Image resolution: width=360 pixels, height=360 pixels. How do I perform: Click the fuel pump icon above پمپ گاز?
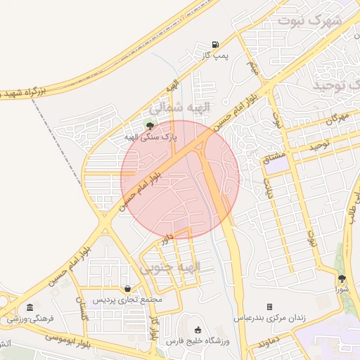pyautogui.click(x=214, y=44)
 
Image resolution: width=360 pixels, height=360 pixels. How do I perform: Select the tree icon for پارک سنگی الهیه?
pyautogui.click(x=149, y=125)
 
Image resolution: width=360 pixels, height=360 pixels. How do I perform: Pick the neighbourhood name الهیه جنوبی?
pyautogui.click(x=170, y=268)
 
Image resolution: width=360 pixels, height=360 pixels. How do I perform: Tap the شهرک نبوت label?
pyautogui.click(x=309, y=19)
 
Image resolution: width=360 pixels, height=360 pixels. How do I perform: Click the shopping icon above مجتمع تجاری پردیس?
pyautogui.click(x=127, y=288)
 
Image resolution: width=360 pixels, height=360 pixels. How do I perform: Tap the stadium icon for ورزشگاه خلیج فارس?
pyautogui.click(x=198, y=330)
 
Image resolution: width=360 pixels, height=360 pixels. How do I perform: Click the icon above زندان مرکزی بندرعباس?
pyautogui.click(x=269, y=307)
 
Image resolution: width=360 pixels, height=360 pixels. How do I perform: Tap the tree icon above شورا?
pyautogui.click(x=342, y=279)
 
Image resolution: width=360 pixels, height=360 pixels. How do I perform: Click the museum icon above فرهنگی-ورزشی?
pyautogui.click(x=30, y=307)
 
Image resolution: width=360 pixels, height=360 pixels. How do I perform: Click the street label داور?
pyautogui.click(x=166, y=239)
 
